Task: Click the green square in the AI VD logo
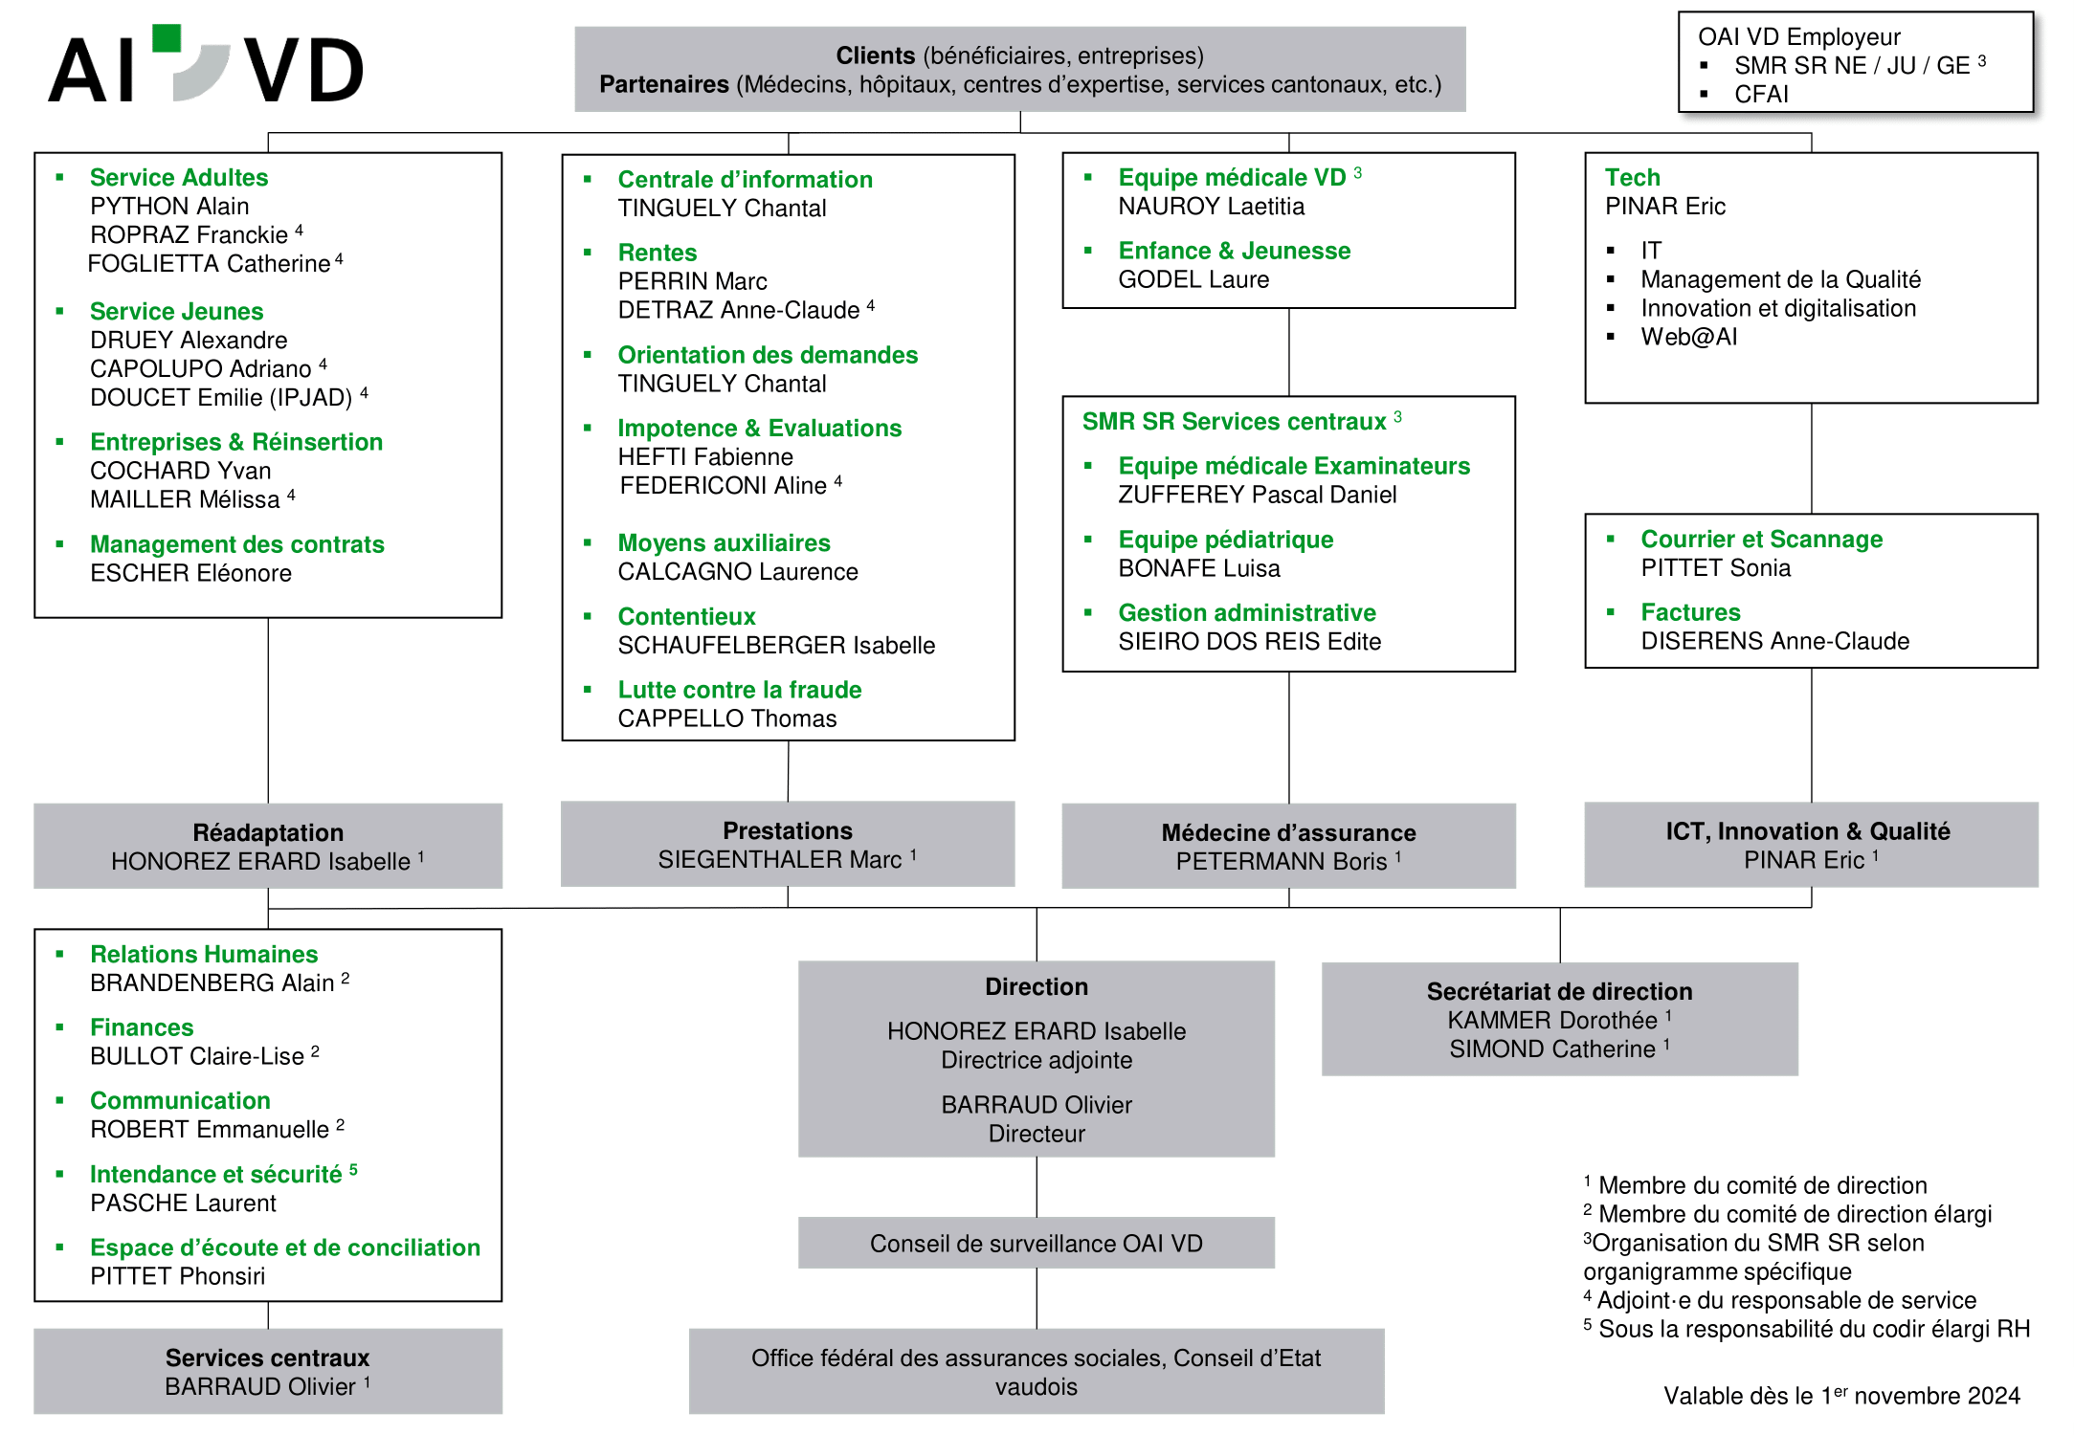167,38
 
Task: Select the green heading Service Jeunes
176,312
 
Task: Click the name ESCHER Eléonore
190,573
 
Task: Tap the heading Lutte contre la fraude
739,690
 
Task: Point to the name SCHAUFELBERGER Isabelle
776,646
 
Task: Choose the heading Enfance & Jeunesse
1234,251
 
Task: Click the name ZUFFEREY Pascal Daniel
1257,495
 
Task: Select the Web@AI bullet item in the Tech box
1688,337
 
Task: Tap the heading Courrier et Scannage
1761,540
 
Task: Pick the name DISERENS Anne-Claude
1774,641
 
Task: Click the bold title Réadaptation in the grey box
268,832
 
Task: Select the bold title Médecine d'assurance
1288,832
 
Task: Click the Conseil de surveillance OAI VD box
1037,1243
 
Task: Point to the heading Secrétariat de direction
1559,991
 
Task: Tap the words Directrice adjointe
1037,1060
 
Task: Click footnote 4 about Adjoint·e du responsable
1779,1300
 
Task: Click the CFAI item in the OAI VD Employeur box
1761,94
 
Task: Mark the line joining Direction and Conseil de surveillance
1037,1187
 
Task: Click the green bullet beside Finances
60,1027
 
